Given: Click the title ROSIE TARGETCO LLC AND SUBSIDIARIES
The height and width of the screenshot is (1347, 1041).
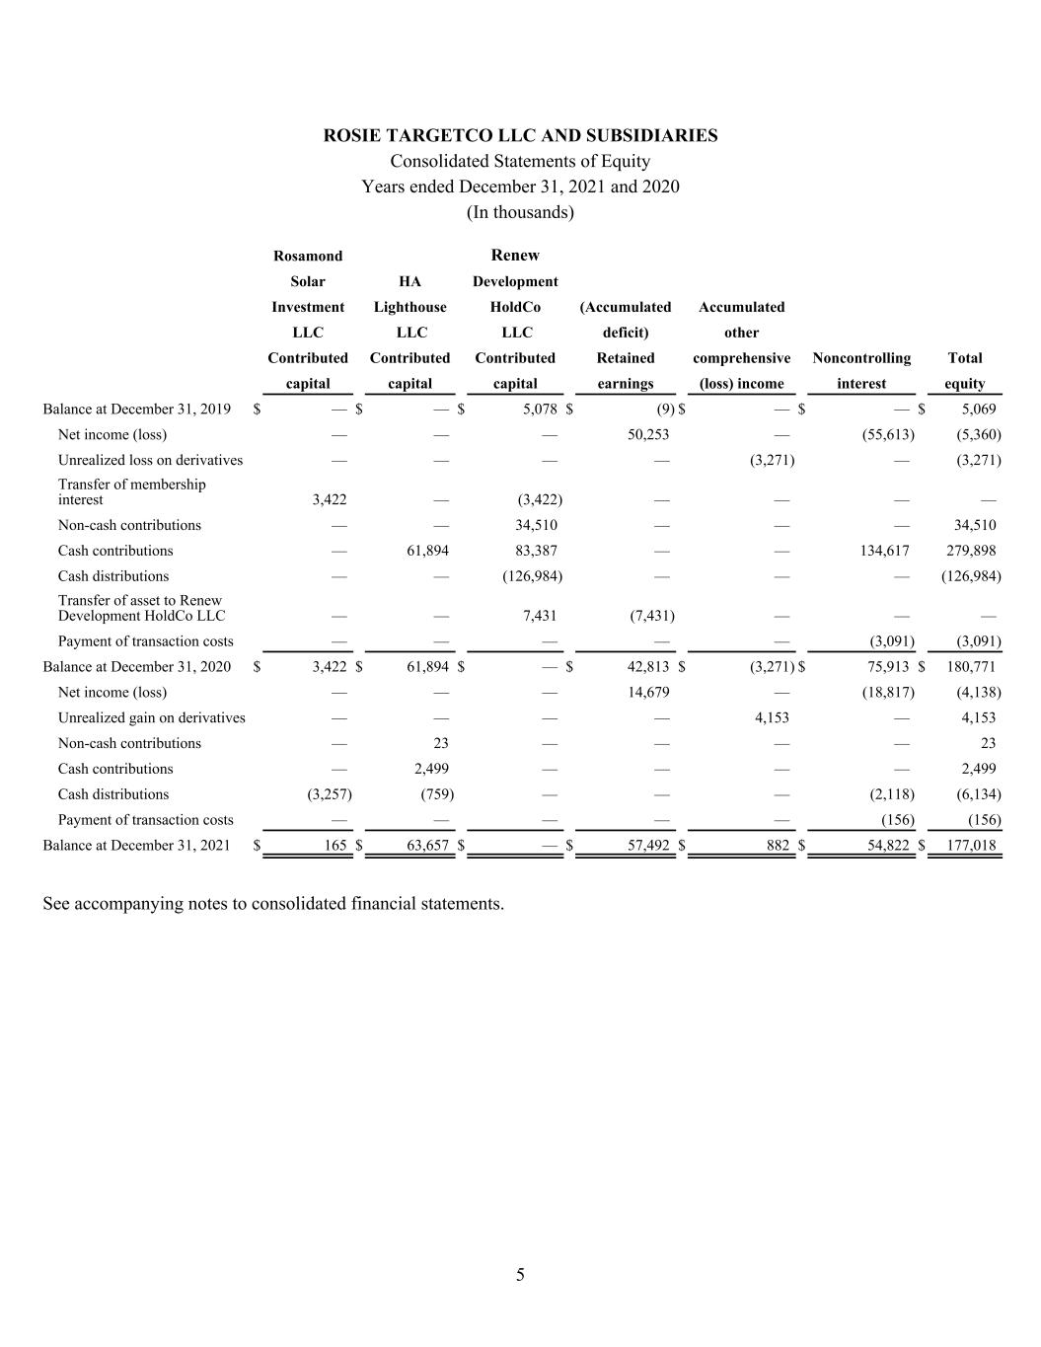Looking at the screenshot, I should [x=520, y=136].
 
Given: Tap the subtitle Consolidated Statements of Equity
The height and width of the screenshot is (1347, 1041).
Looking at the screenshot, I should [x=520, y=161].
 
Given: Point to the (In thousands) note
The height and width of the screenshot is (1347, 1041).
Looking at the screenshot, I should [x=520, y=212].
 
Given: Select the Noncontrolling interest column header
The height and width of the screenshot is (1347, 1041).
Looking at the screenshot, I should [x=861, y=370].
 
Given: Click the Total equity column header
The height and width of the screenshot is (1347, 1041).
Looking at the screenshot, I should [x=964, y=370].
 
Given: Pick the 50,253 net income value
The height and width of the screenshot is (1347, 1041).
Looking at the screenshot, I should [x=648, y=434].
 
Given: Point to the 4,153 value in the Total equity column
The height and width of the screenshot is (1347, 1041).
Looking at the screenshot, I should [x=978, y=717].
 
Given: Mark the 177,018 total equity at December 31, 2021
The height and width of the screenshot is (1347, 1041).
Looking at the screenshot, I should [x=970, y=845].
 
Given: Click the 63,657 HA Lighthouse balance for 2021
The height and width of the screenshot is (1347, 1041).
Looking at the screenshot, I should [x=428, y=845].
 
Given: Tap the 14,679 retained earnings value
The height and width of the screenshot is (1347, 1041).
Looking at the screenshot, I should [x=648, y=692].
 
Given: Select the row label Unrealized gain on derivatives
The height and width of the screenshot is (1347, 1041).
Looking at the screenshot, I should [x=151, y=717].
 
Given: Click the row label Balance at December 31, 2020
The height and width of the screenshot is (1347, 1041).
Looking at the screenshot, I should [x=136, y=666].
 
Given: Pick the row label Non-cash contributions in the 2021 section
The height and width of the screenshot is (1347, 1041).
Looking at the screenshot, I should [x=129, y=743].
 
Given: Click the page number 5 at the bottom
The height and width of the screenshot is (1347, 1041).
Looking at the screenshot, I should [x=520, y=1275].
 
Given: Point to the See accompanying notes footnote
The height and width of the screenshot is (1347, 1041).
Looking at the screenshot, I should [x=273, y=903].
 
